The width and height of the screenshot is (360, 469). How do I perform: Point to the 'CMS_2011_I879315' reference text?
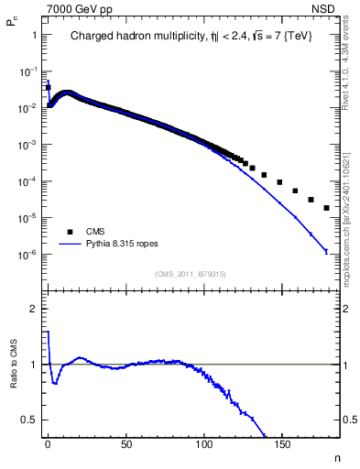(x=190, y=274)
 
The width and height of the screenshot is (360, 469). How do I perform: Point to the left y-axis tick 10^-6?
(x=28, y=255)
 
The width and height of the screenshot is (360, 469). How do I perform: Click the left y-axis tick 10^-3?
(x=28, y=145)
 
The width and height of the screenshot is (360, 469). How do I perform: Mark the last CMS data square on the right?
(x=327, y=208)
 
